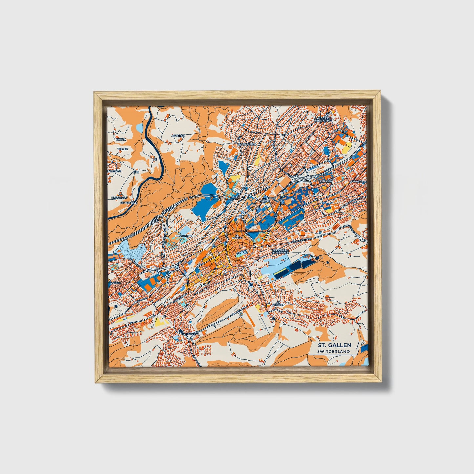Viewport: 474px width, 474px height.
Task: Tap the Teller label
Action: tap(123, 149)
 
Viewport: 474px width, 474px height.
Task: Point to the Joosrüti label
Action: tap(179, 135)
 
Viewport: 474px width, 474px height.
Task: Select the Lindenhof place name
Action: tap(119, 198)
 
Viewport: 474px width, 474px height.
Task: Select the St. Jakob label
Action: tap(264, 200)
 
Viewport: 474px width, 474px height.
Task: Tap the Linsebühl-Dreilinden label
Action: tap(280, 251)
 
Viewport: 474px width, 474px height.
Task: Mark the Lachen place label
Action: tap(115, 282)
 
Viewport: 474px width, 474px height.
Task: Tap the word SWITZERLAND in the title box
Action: tap(334, 351)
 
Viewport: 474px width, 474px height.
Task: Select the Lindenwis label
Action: tap(114, 171)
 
